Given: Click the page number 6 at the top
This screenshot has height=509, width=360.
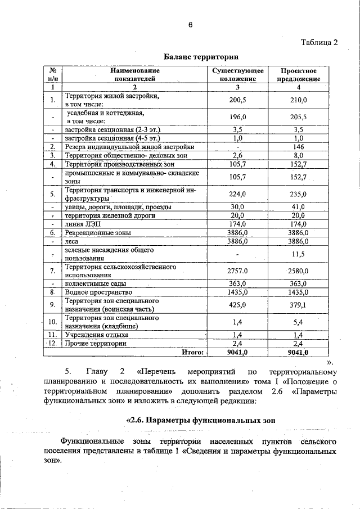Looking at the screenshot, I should [190, 25].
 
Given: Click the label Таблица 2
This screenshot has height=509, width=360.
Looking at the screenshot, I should [319, 43].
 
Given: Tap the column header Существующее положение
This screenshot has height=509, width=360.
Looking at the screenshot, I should [237, 75].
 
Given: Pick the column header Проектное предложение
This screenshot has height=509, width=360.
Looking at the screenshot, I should [299, 75].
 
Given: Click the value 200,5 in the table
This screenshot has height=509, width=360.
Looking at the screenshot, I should [237, 100].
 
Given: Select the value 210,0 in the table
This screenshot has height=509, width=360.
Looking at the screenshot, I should [299, 100].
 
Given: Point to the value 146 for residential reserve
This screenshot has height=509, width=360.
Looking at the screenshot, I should [299, 146].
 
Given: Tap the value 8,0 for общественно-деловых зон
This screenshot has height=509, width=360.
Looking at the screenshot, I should [299, 155].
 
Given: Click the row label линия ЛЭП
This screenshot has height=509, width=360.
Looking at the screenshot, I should [81, 224].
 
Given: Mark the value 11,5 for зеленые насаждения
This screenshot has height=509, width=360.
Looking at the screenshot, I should [299, 254].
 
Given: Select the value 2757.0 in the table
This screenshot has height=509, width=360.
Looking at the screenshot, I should [237, 271].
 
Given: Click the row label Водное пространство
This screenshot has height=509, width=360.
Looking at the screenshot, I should [98, 292].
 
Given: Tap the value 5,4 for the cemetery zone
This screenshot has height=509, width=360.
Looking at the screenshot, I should [299, 322].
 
